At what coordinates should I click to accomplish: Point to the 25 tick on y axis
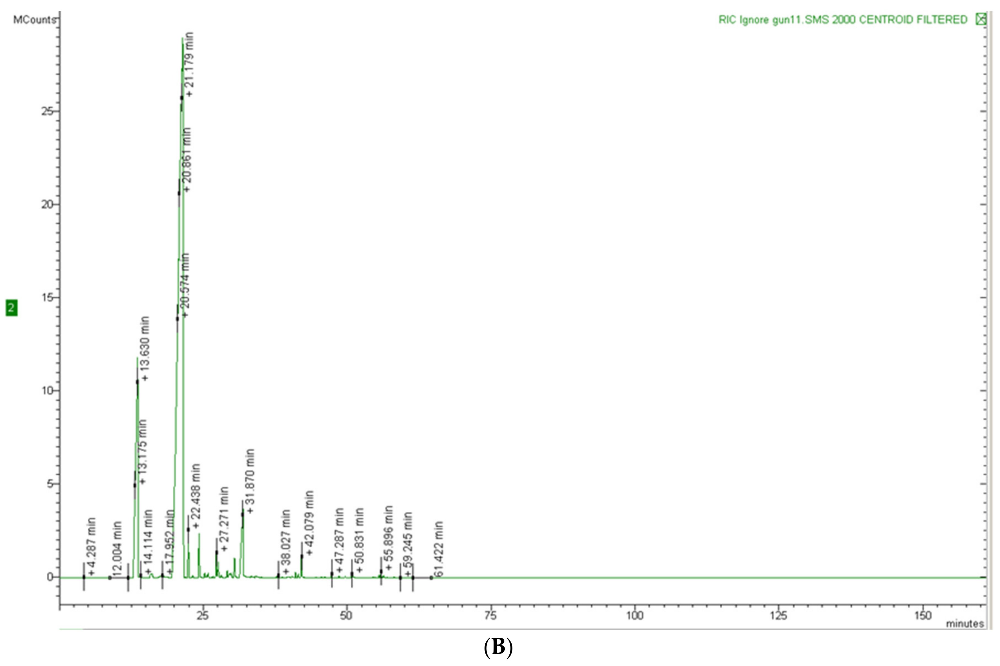click(x=48, y=111)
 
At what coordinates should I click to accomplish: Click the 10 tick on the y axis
click(x=48, y=391)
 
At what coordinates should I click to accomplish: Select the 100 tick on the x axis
click(x=635, y=615)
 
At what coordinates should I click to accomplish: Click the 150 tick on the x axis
click(x=923, y=615)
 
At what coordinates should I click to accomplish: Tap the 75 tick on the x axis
click(x=491, y=615)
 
